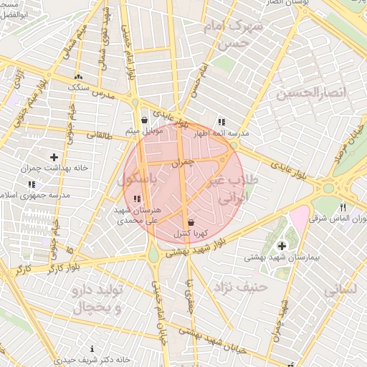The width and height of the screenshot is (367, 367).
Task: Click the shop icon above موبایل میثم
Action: coord(146,120)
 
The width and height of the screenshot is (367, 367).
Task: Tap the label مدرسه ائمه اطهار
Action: coord(223,133)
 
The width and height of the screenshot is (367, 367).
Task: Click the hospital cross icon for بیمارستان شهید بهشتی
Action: coord(282,246)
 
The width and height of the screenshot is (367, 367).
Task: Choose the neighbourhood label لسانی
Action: coord(340,290)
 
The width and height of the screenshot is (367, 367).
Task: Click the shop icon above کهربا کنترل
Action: coord(190,223)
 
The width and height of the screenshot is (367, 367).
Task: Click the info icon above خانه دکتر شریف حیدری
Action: coord(93,348)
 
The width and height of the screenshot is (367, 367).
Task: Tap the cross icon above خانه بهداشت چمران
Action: coord(54,156)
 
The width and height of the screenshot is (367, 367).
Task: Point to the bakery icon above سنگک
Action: coord(78,77)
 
